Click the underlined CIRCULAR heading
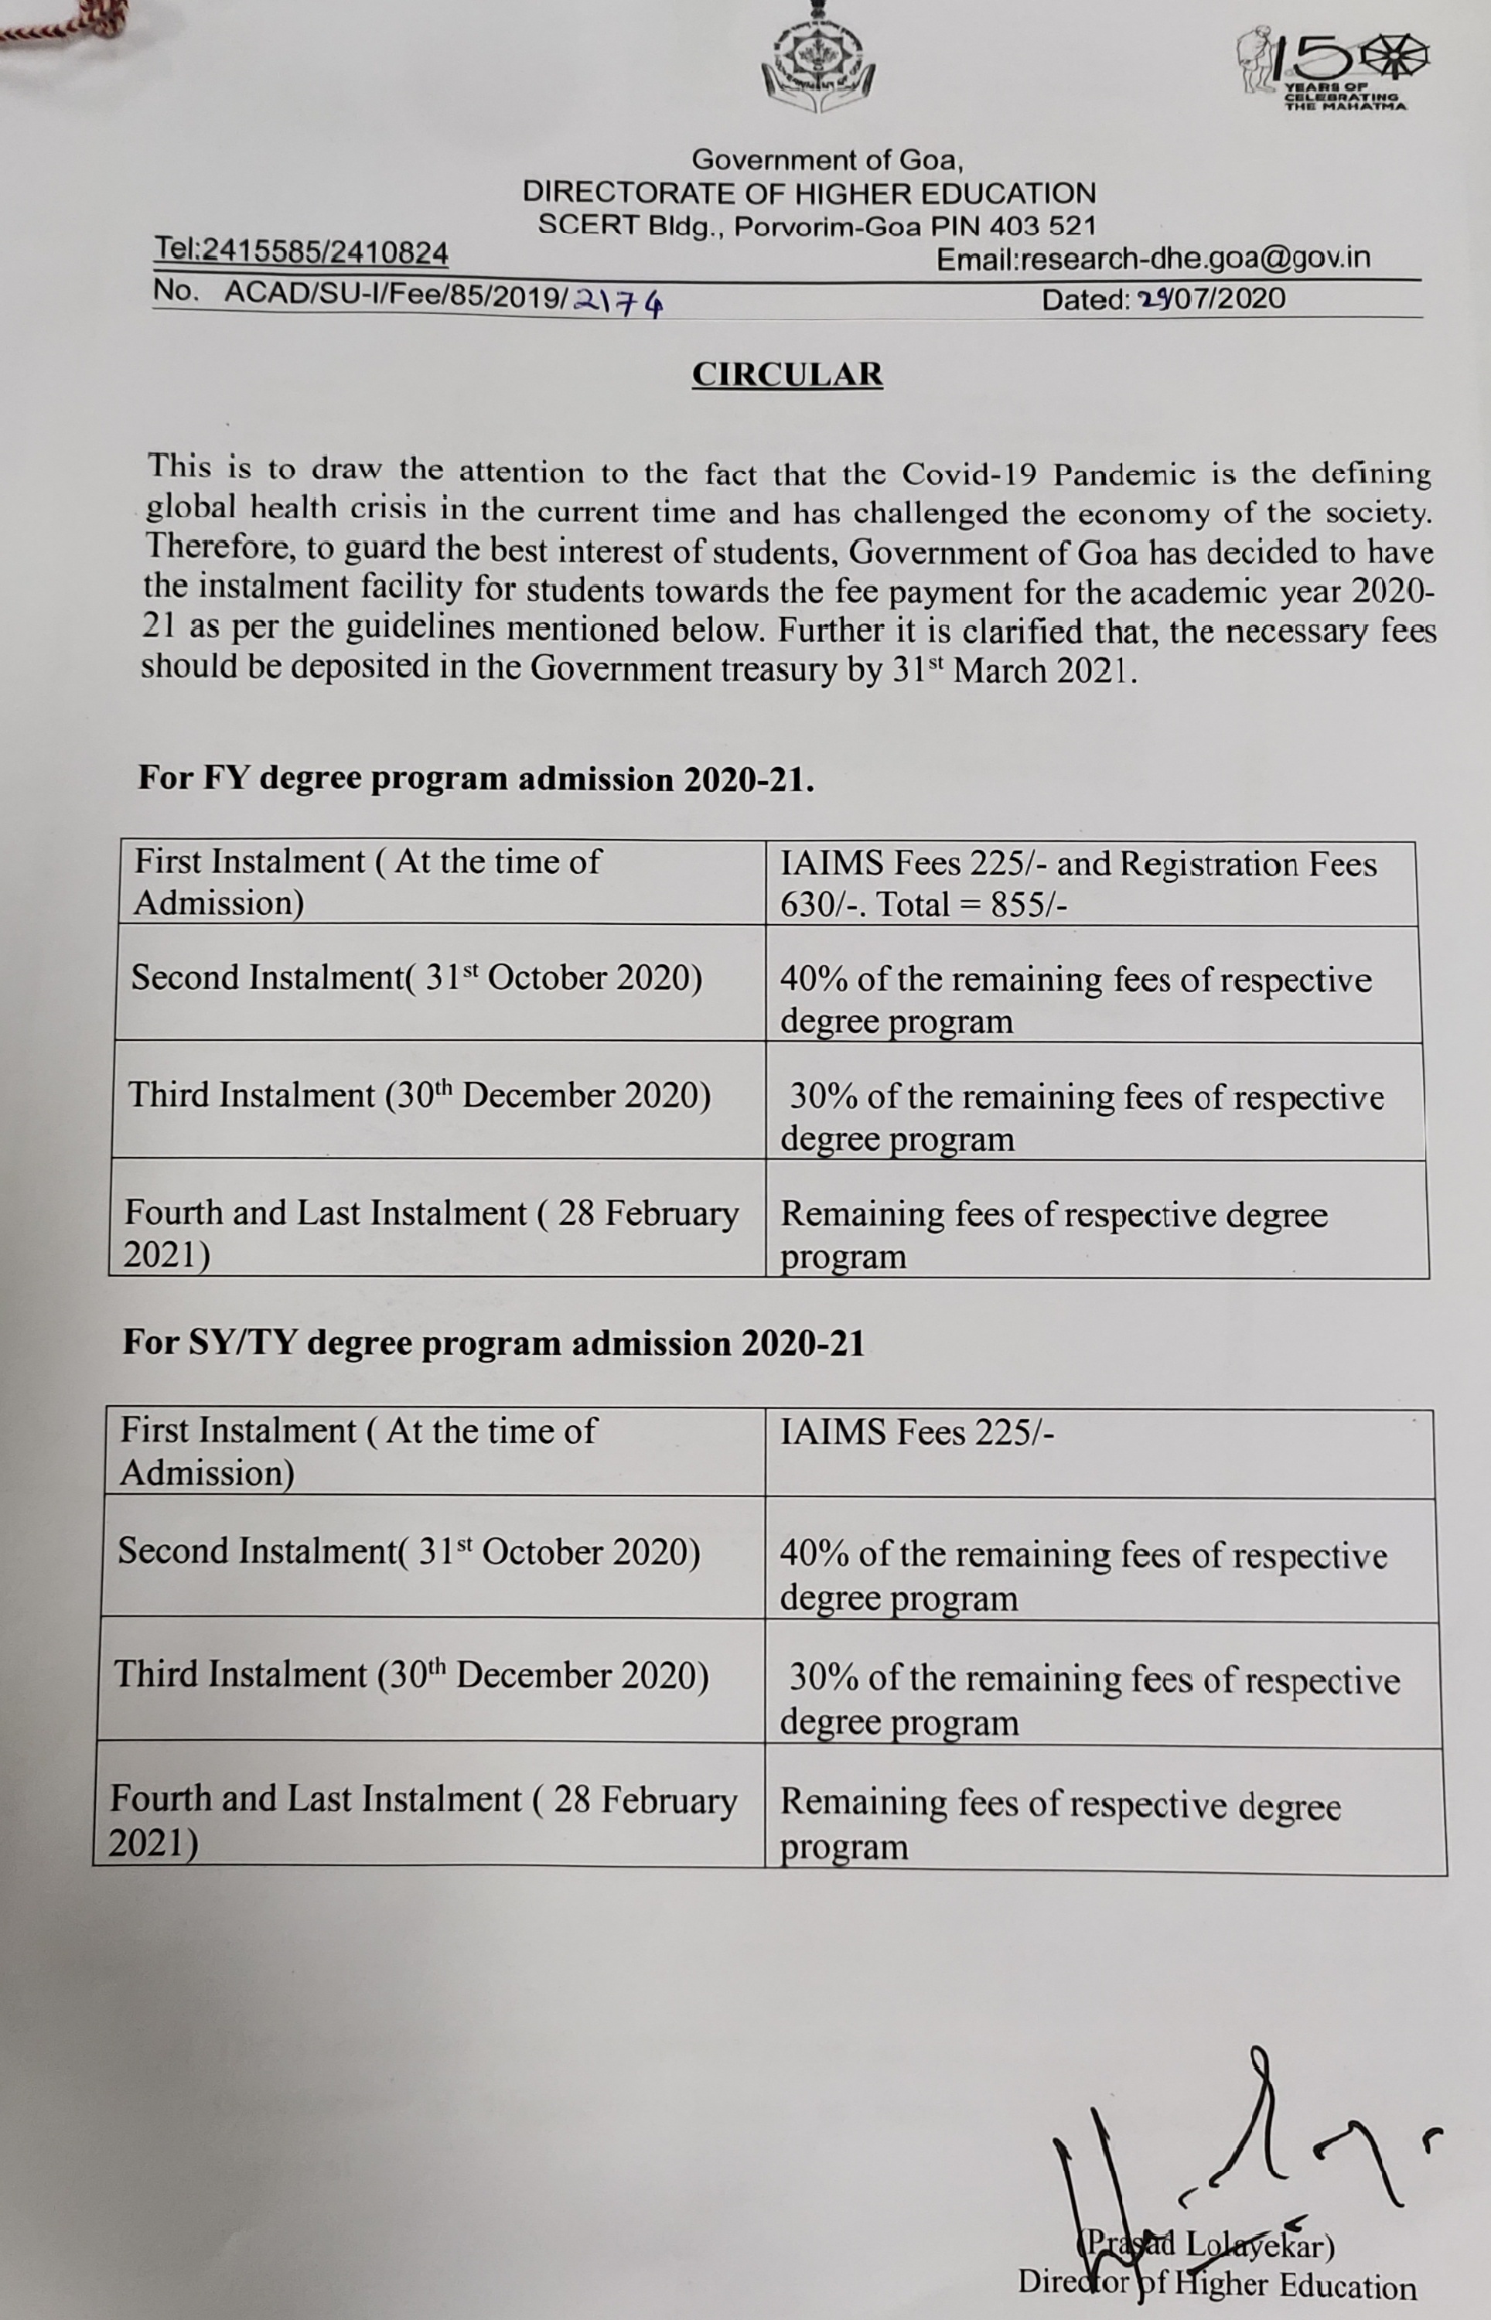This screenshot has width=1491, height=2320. pyautogui.click(x=786, y=374)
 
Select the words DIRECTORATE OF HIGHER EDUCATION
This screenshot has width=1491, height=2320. pyautogui.click(x=810, y=193)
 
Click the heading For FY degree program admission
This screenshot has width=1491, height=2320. pyautogui.click(x=476, y=780)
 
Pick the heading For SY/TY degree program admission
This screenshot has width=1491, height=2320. pyautogui.click(x=493, y=1343)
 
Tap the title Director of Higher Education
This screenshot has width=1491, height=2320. pyautogui.click(x=1216, y=2286)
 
